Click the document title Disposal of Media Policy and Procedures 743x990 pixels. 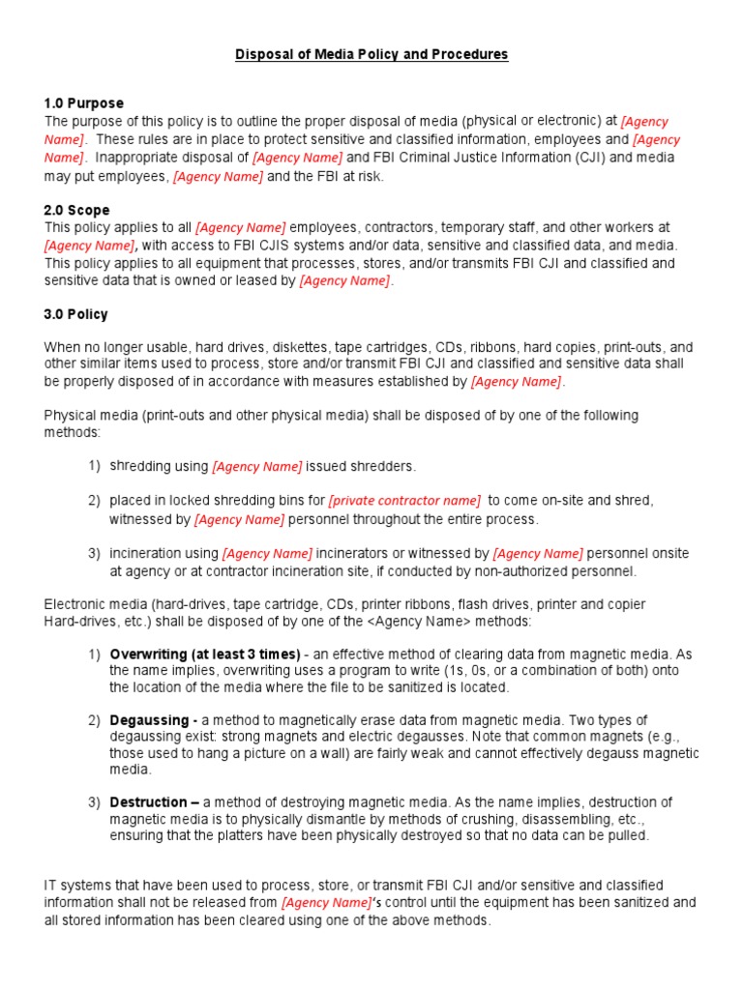pos(371,54)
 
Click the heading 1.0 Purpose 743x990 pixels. pos(84,103)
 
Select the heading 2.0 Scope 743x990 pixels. pos(77,210)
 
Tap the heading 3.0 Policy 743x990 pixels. pos(76,314)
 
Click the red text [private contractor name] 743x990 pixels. pos(404,500)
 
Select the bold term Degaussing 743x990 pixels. pos(153,720)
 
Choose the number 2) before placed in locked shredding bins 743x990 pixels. pos(94,500)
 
